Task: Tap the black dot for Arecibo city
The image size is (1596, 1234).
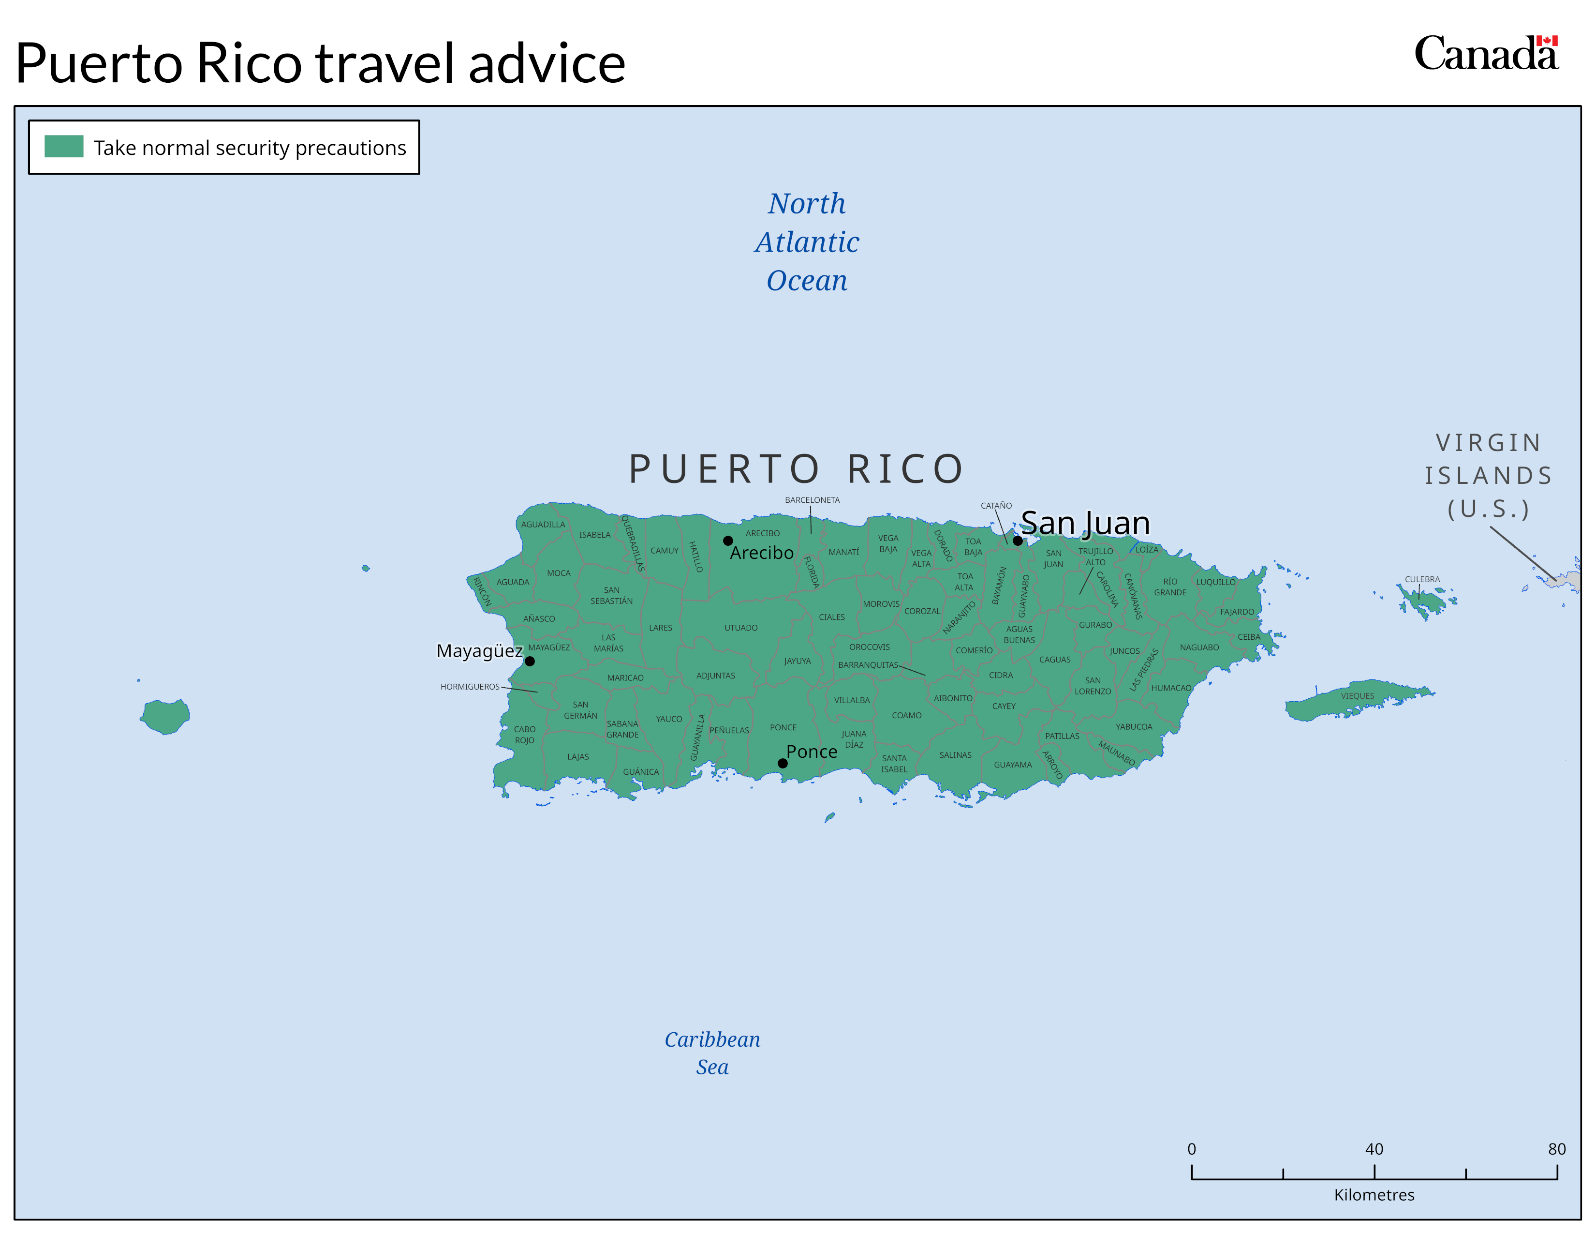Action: pos(728,541)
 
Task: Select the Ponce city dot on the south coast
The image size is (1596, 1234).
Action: pos(783,763)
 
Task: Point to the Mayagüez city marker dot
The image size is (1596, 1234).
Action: pos(530,662)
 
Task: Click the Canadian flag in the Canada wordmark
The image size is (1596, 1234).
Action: pos(1547,41)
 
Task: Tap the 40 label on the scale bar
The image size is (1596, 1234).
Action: pos(1374,1149)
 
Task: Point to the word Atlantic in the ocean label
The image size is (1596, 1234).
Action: pos(807,242)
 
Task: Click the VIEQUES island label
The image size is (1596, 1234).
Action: pos(1357,696)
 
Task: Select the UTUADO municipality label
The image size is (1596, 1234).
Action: pos(741,628)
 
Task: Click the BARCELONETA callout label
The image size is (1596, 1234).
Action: pos(812,500)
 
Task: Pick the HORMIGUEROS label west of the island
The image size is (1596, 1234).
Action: pos(470,687)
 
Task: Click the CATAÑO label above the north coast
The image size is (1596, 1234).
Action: pos(996,506)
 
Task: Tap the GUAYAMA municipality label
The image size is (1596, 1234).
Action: pos(1013,765)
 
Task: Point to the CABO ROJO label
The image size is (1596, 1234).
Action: pos(525,735)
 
